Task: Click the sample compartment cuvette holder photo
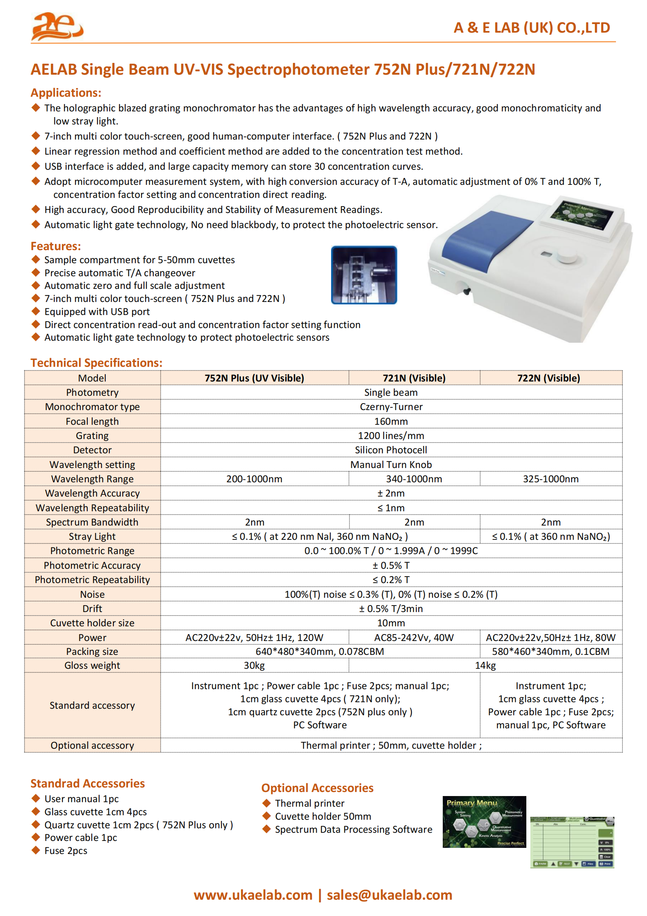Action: (364, 275)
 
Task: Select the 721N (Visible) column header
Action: (414, 378)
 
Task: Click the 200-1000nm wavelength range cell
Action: (254, 479)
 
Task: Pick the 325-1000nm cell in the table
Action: (550, 479)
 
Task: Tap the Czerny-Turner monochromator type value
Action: (391, 407)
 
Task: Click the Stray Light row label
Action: (92, 537)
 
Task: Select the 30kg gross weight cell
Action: (254, 665)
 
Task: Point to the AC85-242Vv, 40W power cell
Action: (414, 637)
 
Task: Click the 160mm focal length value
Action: (391, 421)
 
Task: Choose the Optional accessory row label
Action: (92, 745)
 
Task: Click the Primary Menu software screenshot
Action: (484, 822)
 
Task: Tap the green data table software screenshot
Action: (572, 842)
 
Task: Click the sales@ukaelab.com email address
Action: (389, 895)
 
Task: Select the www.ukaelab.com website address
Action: (253, 895)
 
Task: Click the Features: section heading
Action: (56, 246)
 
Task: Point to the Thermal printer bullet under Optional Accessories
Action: (309, 803)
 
